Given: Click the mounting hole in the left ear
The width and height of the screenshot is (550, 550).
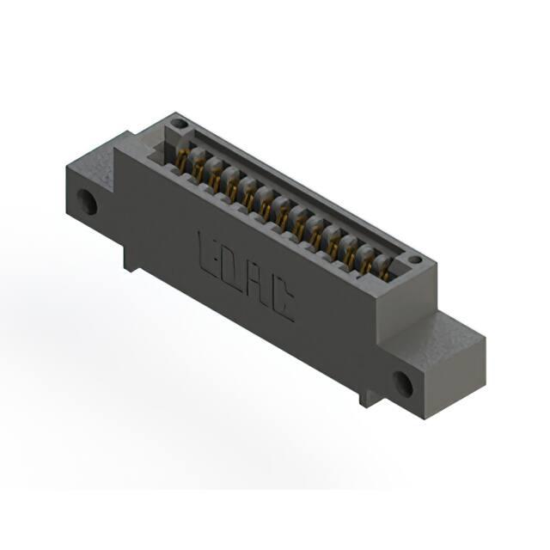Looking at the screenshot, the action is pyautogui.click(x=87, y=202).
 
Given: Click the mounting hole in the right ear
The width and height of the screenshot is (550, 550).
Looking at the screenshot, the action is pyautogui.click(x=403, y=384).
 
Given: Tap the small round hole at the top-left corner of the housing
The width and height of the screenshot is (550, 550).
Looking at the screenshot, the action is pyautogui.click(x=179, y=124).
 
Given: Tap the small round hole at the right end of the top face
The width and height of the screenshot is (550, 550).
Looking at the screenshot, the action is pyautogui.click(x=415, y=260).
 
